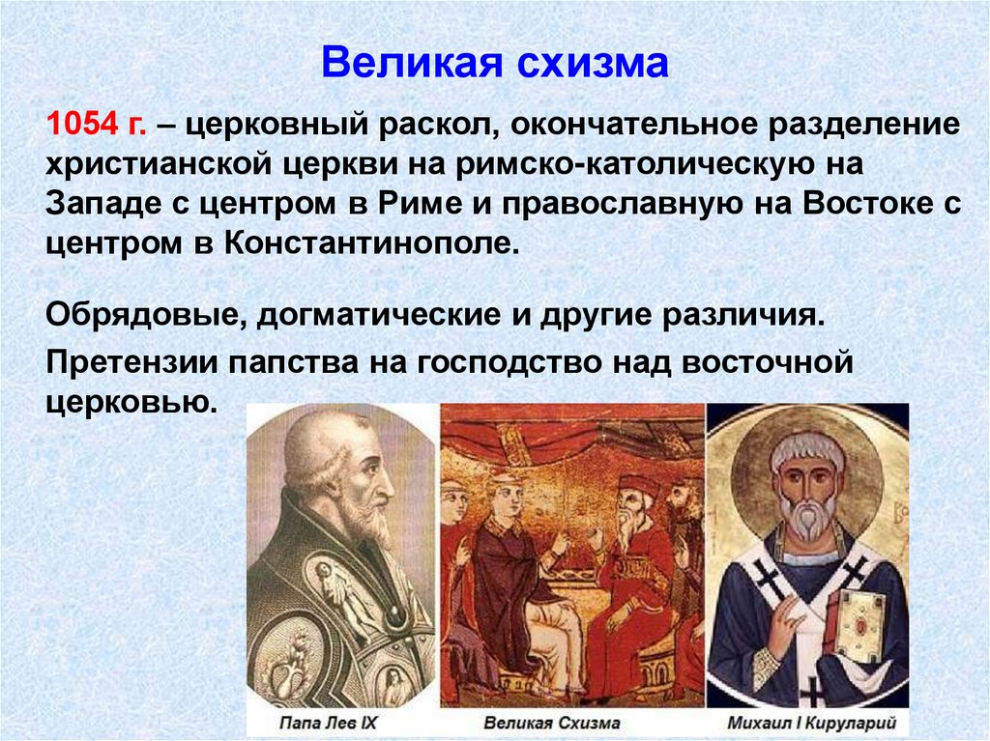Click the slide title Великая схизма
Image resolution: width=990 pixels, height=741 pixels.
494,64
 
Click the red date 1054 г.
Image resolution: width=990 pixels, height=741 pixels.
96,125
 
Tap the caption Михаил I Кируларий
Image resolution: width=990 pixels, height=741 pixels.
808,722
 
